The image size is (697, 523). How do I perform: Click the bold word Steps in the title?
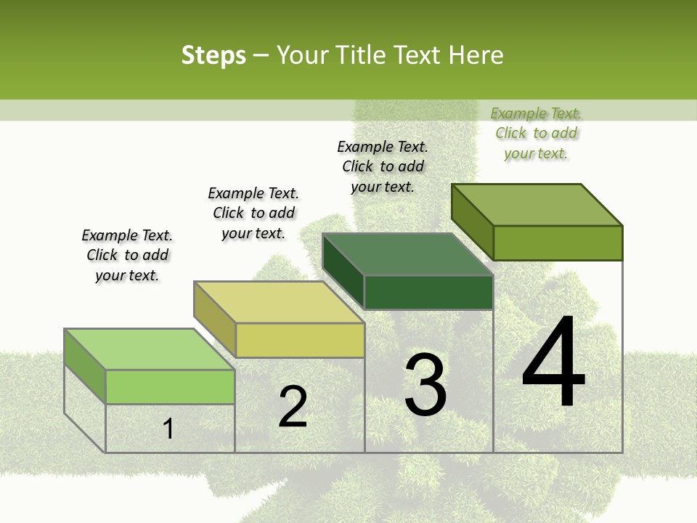coord(213,56)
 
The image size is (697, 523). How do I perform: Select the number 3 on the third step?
coord(425,385)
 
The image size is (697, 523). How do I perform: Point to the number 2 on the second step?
coord(293,407)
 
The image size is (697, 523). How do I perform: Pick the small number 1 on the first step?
coord(168,429)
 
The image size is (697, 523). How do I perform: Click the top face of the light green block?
coord(150,349)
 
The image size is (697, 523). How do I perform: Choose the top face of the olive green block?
coord(537,205)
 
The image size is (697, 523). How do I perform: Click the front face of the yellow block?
coord(300,340)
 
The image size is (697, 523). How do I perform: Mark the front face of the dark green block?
coord(428,292)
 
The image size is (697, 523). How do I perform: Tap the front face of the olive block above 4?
coord(558,243)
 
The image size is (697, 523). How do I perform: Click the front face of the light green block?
coord(170,386)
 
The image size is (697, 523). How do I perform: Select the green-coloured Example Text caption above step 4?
coord(536,133)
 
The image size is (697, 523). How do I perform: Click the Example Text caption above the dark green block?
coord(383,166)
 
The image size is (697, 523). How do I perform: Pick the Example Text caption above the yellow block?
coord(253,213)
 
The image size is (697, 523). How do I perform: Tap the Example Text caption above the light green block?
coord(127,255)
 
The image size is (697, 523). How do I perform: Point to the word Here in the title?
coord(476,56)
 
